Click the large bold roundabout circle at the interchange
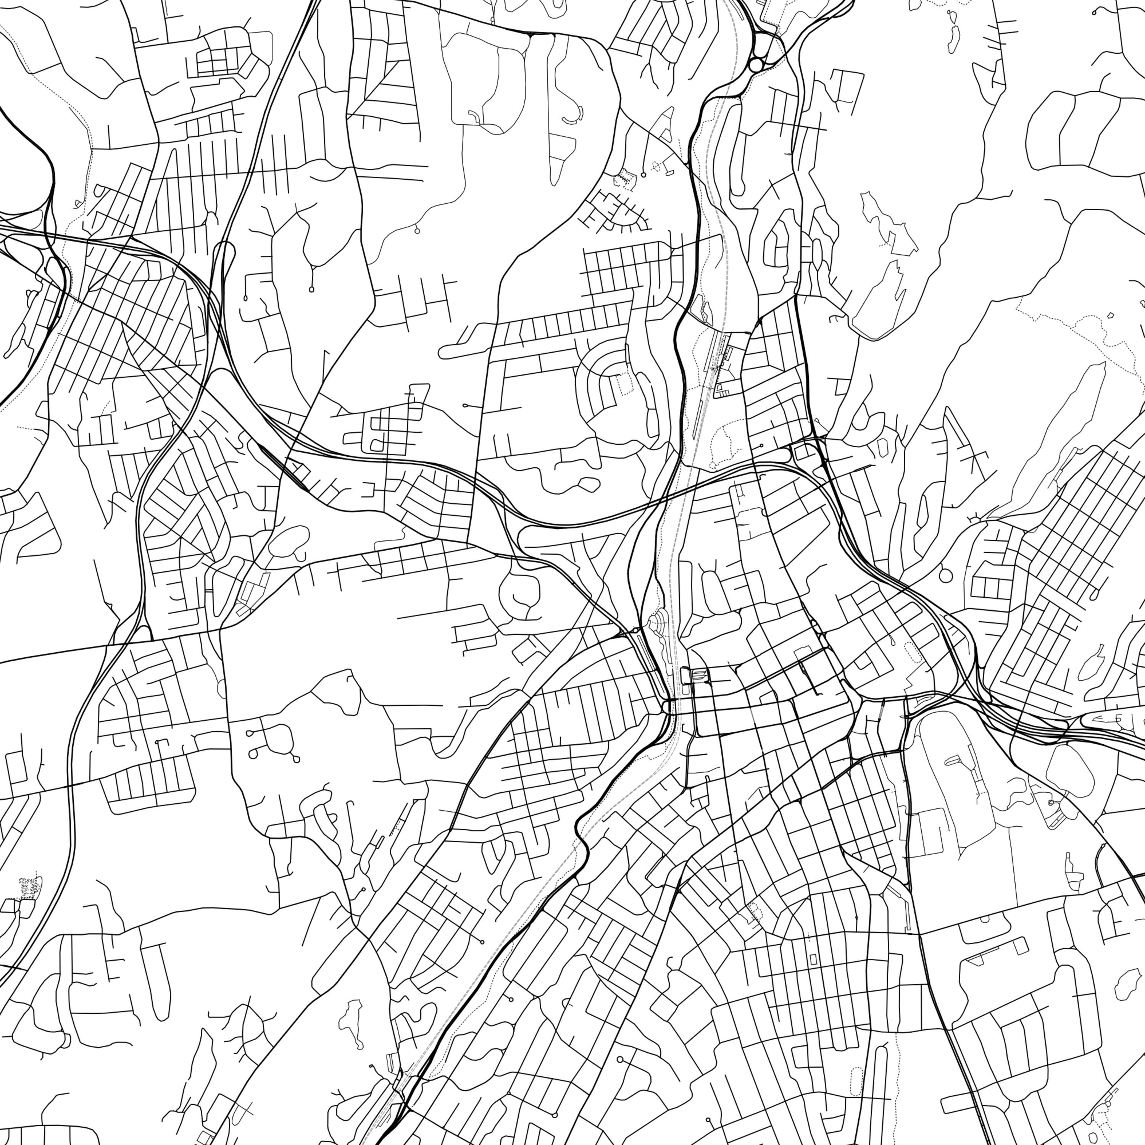(x=756, y=64)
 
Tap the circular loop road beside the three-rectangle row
(x=945, y=575)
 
